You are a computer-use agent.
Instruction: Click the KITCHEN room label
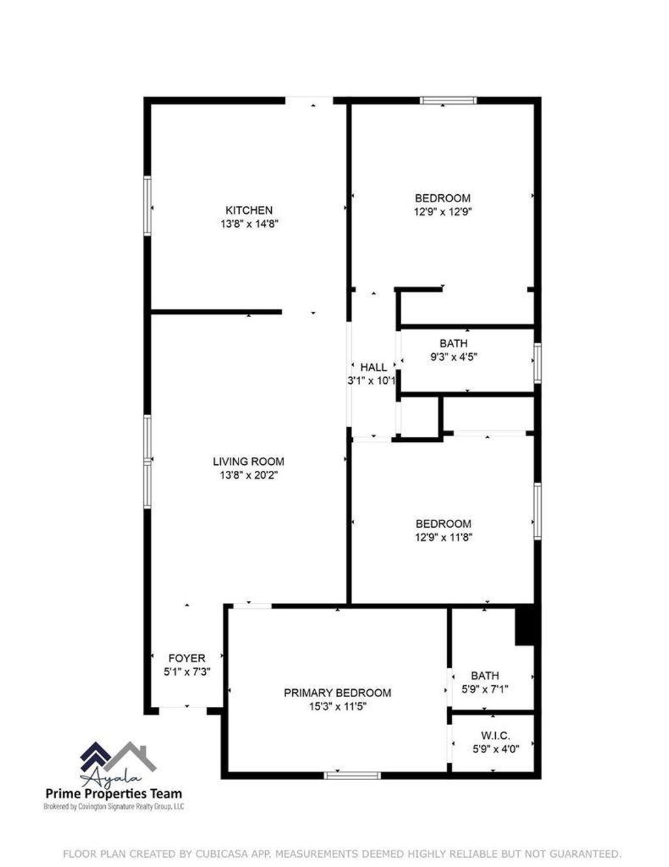(x=249, y=211)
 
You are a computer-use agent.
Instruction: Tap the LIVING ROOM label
(x=248, y=462)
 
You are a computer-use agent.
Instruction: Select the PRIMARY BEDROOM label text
(x=337, y=693)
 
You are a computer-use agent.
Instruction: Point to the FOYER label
(x=187, y=658)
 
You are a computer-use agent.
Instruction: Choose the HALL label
(x=374, y=367)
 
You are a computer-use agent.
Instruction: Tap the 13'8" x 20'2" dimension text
(x=248, y=475)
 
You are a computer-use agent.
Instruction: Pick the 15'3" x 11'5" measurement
(x=337, y=707)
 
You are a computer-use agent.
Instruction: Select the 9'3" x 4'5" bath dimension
(x=453, y=357)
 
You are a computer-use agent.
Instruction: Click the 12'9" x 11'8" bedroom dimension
(x=444, y=537)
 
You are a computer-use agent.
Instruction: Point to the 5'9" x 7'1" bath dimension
(x=485, y=688)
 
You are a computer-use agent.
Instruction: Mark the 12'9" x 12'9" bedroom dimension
(x=443, y=212)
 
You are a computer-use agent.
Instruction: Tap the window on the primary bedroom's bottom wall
(x=352, y=775)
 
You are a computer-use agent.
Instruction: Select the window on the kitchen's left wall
(x=148, y=206)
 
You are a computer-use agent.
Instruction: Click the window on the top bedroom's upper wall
(x=448, y=101)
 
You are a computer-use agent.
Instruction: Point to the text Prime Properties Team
(x=114, y=794)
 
